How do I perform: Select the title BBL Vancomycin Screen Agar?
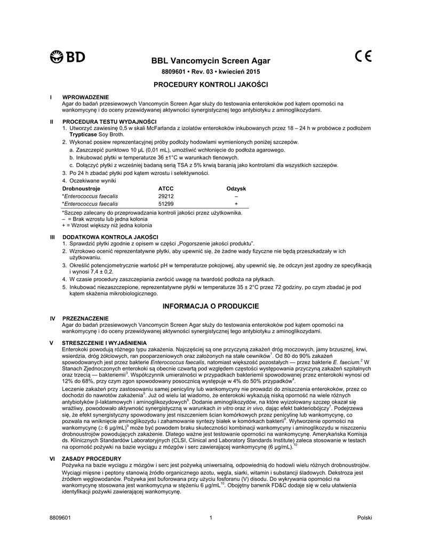pos(211,61)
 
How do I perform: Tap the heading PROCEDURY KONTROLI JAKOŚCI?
pos(211,85)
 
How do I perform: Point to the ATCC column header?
pos(166,189)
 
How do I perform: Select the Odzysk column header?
pos(236,189)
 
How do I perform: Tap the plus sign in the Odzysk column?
pos(236,204)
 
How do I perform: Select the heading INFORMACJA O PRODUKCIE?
pos(211,306)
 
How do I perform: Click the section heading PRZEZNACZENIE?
pos(85,318)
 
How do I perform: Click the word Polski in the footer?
pos(364,518)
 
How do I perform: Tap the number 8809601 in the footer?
pos(60,518)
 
